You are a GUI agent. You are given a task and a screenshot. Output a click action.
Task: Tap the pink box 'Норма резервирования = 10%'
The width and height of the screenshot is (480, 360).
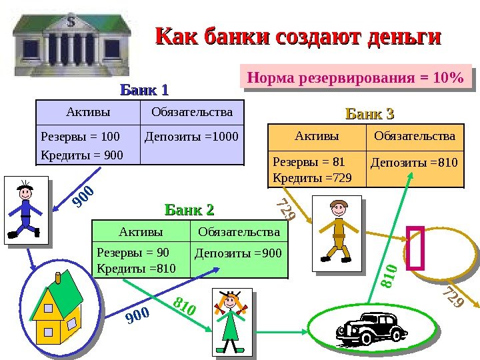355,77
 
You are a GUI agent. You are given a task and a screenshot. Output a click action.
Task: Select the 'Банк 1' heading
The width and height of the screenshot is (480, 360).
144,89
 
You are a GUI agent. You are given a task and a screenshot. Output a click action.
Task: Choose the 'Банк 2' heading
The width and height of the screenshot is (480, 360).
189,211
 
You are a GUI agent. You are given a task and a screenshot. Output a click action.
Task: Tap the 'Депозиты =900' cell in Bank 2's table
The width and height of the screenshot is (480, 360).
238,253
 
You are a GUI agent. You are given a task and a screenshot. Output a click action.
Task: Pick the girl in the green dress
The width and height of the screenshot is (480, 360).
231,321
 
